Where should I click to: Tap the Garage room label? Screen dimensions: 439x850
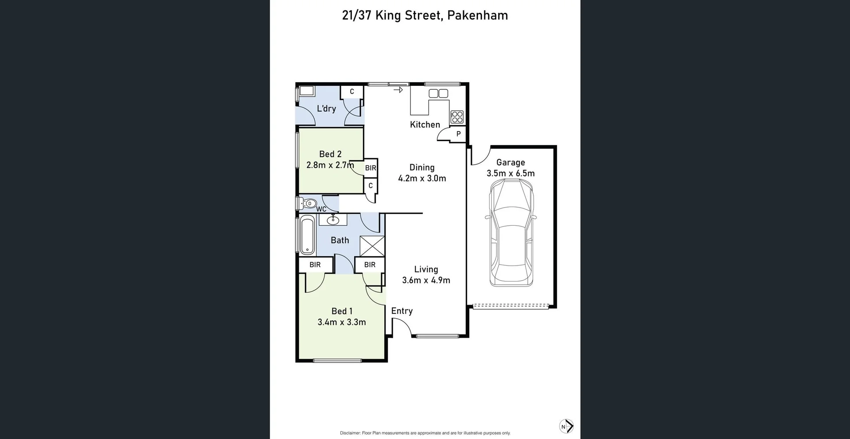pos(510,162)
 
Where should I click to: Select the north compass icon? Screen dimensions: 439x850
pos(566,426)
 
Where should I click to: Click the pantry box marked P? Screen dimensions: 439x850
pos(458,134)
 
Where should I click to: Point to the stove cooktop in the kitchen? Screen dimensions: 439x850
pos(457,117)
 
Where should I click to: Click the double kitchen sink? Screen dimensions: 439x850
pos(438,93)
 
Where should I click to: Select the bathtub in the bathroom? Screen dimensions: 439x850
pos(307,235)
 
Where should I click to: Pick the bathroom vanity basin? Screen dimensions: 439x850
pos(332,219)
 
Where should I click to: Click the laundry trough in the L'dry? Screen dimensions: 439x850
pos(306,91)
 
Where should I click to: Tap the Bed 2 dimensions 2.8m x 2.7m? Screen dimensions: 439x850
pos(330,165)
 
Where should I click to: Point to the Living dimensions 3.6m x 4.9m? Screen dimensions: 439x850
pos(426,280)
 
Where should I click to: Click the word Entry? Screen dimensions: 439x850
pos(402,311)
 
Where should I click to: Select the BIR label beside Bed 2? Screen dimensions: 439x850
pos(371,168)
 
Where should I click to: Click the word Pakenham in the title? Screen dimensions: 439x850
pos(477,15)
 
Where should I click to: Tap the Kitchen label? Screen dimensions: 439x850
pos(425,125)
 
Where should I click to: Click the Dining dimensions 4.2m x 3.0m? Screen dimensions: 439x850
pos(422,178)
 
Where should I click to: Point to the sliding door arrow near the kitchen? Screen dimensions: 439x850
pos(398,90)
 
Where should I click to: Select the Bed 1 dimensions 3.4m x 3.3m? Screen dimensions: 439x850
pos(341,322)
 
